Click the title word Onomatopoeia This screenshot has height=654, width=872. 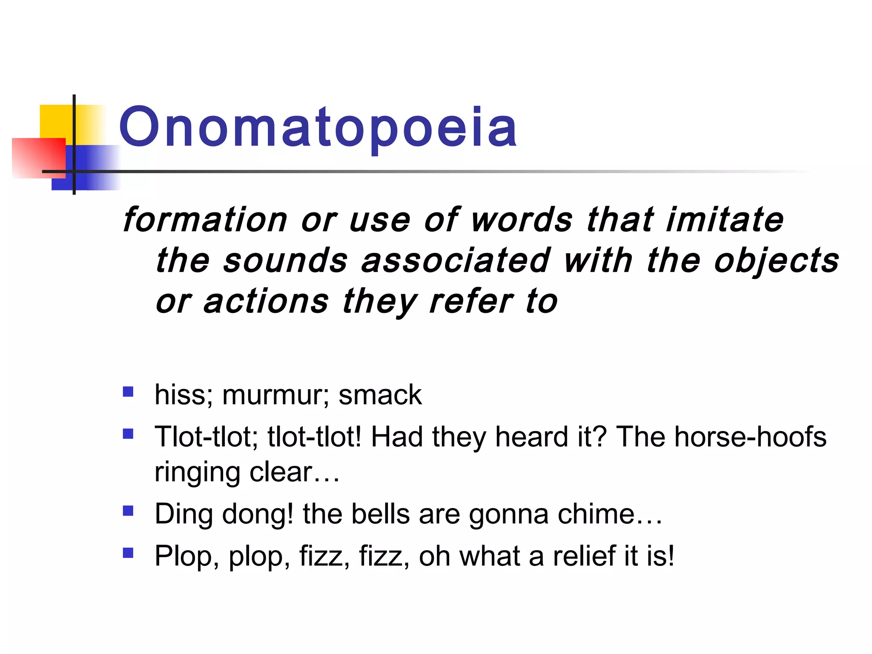coord(318,128)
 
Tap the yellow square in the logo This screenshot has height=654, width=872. coord(55,121)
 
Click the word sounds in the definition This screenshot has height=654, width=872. coord(285,261)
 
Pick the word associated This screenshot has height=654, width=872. coord(456,261)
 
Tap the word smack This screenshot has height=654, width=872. coord(380,395)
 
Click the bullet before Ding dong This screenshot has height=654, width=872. coord(128,510)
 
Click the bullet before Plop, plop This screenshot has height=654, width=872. coord(128,553)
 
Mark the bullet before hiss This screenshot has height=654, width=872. coord(128,391)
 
